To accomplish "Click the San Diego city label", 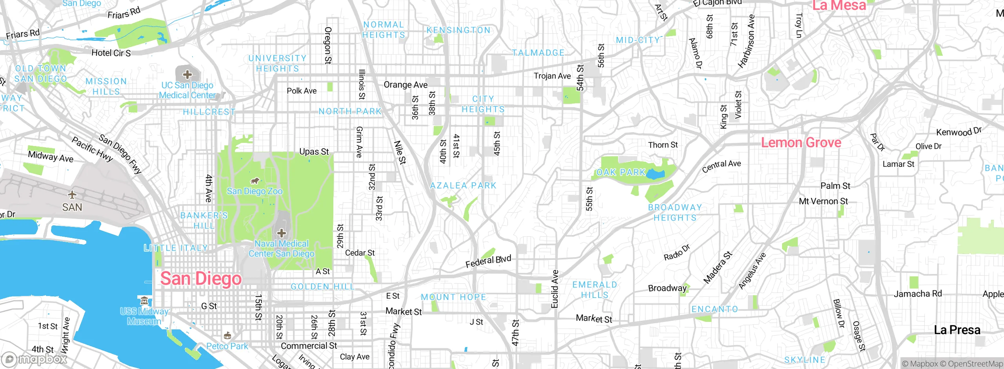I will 201,279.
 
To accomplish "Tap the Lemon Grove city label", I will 801,142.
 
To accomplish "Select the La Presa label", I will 957,330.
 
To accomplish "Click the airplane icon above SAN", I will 72,194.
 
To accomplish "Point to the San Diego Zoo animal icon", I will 255,181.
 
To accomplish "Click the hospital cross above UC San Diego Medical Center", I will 187,74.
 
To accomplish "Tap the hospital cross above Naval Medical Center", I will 282,233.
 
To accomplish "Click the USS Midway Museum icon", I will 144,301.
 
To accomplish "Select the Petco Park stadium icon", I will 227,336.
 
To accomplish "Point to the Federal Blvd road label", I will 488,261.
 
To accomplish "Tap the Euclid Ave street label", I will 555,289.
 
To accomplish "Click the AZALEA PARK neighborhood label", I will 463,185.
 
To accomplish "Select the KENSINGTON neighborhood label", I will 458,30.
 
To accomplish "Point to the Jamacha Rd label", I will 918,294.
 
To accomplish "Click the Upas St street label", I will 314,152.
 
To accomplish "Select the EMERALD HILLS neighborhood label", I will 595,290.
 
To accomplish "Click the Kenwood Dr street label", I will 959,132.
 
